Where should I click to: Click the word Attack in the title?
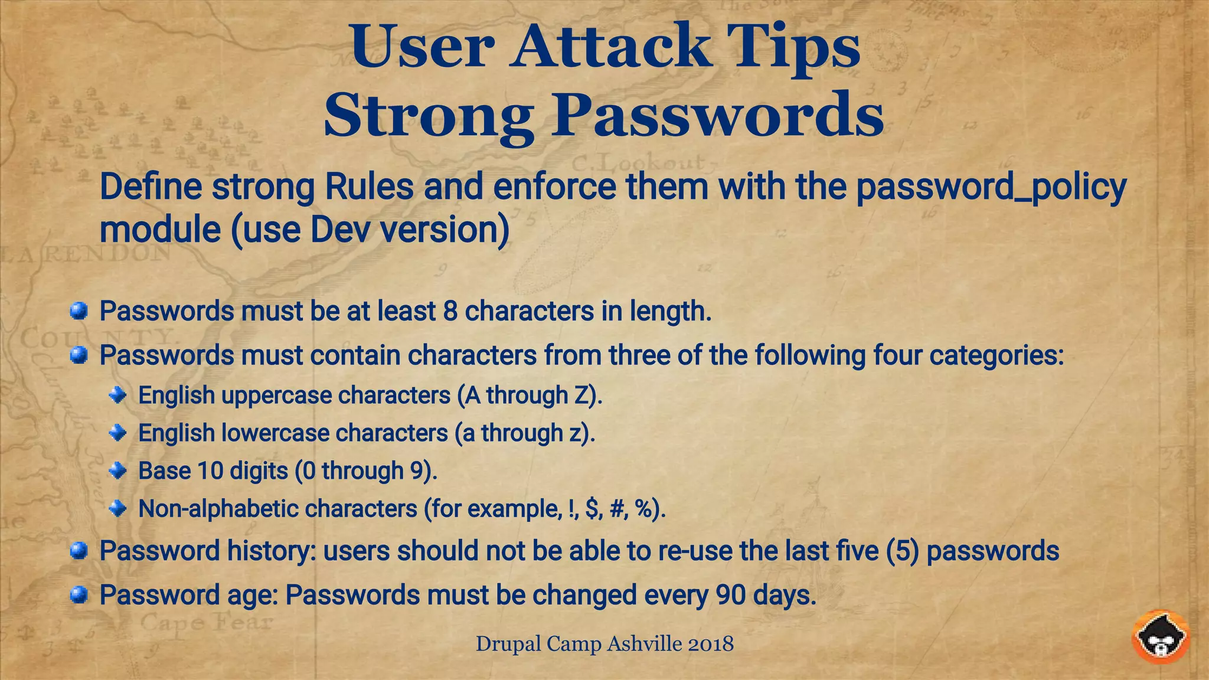610,46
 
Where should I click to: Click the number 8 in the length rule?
450,311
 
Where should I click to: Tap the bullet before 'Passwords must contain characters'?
79,355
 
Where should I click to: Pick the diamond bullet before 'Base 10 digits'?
118,470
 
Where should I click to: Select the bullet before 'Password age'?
79,595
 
